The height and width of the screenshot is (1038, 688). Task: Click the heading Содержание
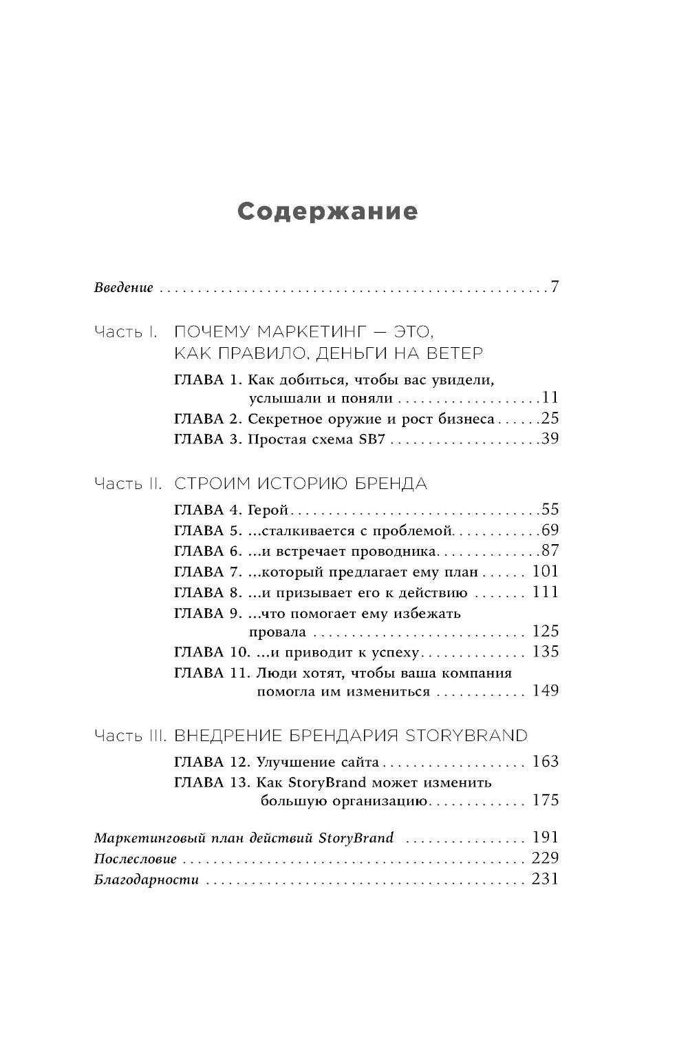click(327, 211)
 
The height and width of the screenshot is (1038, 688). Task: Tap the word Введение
click(123, 287)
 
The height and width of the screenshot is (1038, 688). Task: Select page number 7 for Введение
click(555, 287)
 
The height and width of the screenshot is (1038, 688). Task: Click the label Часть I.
click(126, 333)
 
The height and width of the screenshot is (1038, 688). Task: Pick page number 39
click(550, 439)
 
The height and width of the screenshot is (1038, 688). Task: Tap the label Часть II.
click(128, 484)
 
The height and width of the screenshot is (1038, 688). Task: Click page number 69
click(550, 530)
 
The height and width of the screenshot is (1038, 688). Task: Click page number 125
click(546, 631)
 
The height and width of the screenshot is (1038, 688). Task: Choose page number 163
click(546, 762)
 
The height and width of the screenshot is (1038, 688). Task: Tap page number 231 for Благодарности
click(546, 880)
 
